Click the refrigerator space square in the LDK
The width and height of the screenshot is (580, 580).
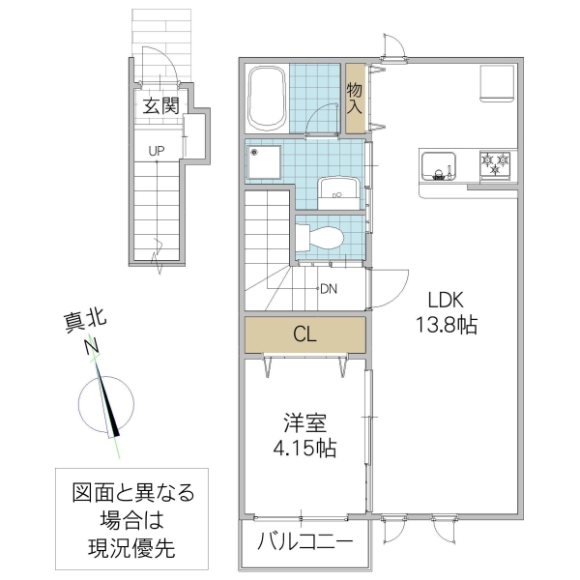click(498, 83)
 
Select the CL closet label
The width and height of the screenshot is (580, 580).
click(304, 335)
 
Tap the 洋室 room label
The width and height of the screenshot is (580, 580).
click(304, 423)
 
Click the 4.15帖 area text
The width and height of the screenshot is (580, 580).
click(304, 449)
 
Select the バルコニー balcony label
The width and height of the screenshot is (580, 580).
click(304, 541)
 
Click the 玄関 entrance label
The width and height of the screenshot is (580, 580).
click(160, 105)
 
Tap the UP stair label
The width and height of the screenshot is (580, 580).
click(155, 150)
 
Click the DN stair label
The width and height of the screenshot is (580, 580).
click(328, 288)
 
